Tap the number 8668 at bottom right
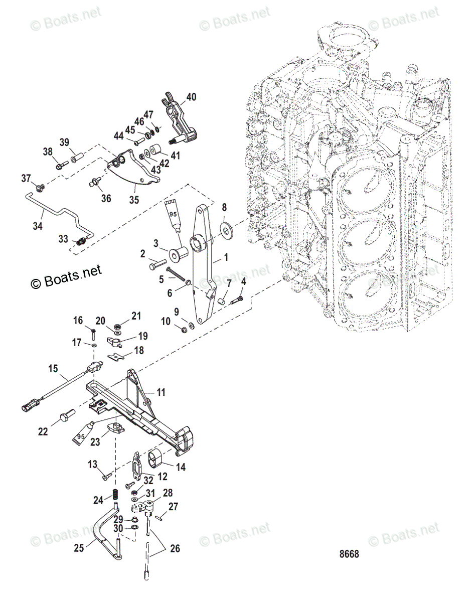coord(349,554)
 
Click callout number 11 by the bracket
coord(161,392)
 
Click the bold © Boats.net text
coord(66,276)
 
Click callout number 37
coord(26,178)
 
